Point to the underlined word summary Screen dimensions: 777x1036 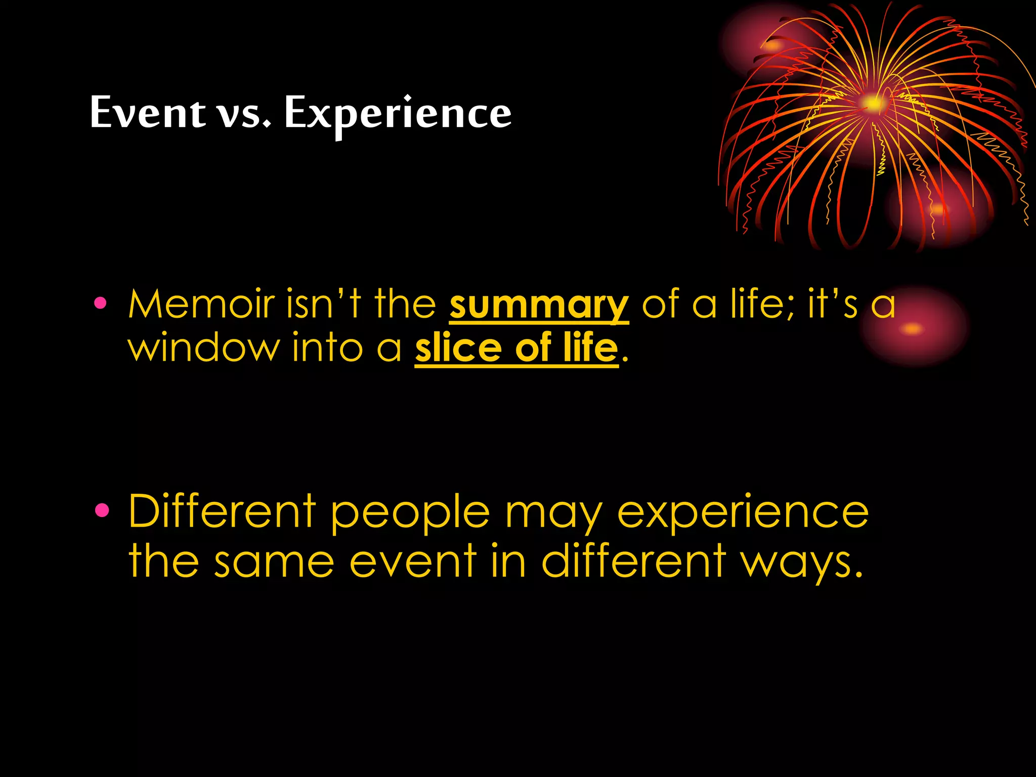539,306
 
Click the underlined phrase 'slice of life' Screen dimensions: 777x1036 516,349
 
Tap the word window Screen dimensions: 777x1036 203,349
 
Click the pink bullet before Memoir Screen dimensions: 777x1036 100,303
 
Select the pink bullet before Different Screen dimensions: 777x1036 102,511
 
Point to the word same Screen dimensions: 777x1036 274,562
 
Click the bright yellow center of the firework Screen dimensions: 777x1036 873,103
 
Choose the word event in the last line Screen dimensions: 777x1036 413,562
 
